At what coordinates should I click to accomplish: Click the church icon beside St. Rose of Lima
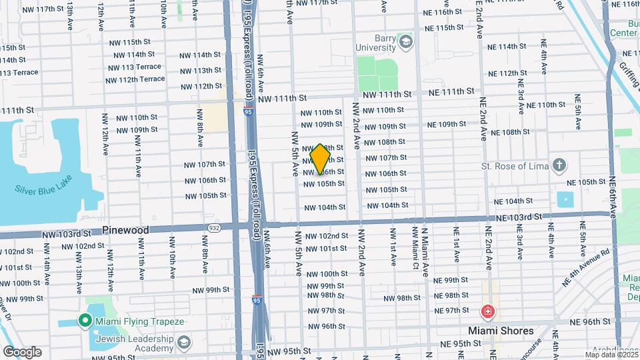pos(559,165)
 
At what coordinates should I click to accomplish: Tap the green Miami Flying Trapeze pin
pos(85,321)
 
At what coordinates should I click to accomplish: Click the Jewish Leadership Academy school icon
pos(184,342)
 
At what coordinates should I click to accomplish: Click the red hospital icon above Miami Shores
pos(487,311)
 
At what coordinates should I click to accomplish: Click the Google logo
pos(22,351)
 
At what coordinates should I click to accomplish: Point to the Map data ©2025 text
pos(611,355)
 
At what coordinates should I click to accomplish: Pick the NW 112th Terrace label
pos(135,79)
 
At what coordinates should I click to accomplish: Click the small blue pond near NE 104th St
pos(565,199)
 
